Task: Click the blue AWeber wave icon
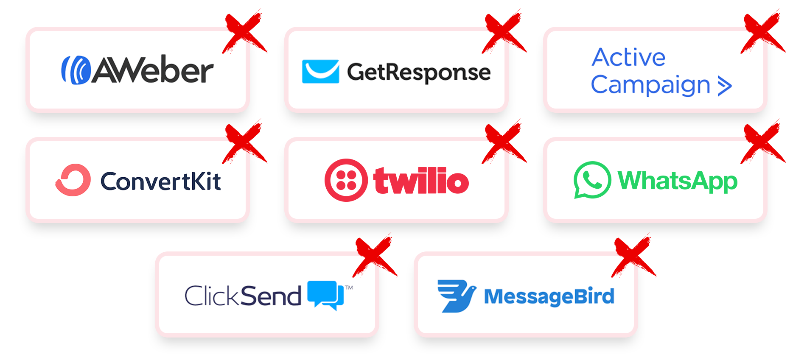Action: [x=76, y=70]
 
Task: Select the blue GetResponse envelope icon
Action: [x=320, y=71]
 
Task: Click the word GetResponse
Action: [x=419, y=73]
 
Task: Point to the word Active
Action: [x=628, y=58]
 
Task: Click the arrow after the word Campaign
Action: [x=725, y=86]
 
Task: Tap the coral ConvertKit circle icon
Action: [x=73, y=180]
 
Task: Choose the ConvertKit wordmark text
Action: [x=160, y=181]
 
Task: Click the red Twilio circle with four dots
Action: [x=346, y=180]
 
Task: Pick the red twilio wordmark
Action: [x=421, y=181]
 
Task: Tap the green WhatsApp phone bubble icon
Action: [x=592, y=180]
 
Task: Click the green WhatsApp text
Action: [x=678, y=181]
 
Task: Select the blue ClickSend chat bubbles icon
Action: [x=325, y=294]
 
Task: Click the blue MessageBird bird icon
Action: [x=456, y=296]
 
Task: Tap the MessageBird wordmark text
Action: [x=549, y=296]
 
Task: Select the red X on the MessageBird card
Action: [x=632, y=256]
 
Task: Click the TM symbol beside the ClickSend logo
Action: [x=349, y=287]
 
